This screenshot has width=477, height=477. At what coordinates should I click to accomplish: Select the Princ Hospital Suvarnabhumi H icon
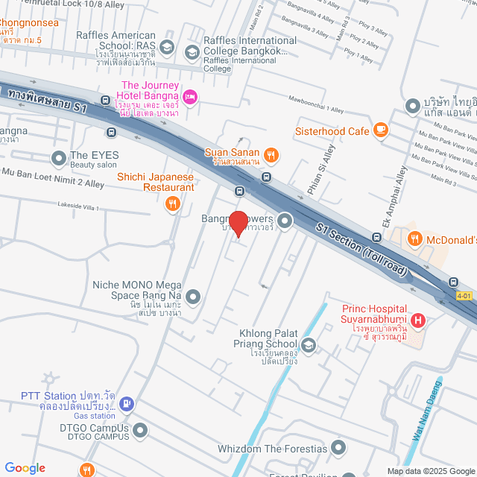click(x=418, y=321)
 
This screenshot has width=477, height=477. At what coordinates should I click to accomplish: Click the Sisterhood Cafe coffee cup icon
click(x=381, y=130)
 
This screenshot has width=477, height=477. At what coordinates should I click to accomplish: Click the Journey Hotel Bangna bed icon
click(x=190, y=96)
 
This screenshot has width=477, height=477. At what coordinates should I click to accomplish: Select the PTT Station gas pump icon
click(x=126, y=403)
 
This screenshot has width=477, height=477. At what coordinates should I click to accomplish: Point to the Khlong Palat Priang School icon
click(x=309, y=344)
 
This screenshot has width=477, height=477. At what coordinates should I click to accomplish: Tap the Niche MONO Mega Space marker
click(x=193, y=297)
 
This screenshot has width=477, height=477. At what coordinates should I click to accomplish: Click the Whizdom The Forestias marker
click(x=338, y=448)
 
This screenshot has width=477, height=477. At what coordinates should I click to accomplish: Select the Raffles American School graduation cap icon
click(x=167, y=47)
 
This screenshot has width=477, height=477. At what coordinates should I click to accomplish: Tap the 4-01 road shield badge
click(x=464, y=296)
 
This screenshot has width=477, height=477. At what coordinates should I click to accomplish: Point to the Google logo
click(x=25, y=467)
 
